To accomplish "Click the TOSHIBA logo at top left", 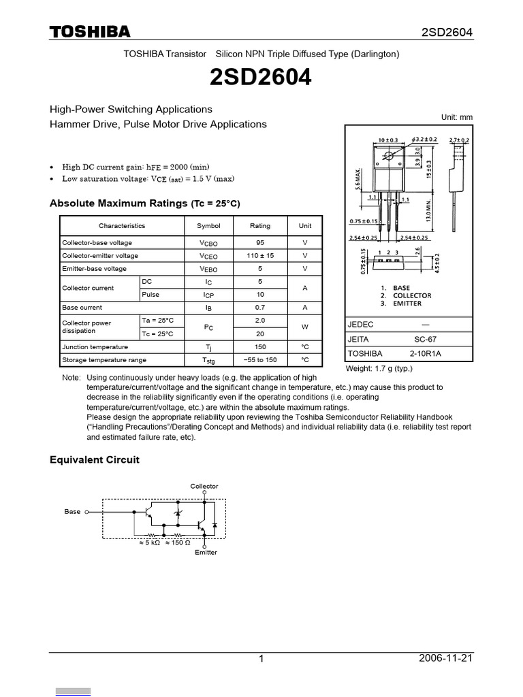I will [89, 32].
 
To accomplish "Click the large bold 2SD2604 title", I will [261, 78].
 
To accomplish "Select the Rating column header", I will [260, 226].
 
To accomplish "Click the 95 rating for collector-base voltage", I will [260, 242].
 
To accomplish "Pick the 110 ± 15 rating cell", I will [260, 256].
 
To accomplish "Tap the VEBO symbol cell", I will [208, 270].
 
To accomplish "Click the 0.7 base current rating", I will [260, 308].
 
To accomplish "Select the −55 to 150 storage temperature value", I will [260, 359].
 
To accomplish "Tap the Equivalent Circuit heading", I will [95, 460].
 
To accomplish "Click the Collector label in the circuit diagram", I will [204, 486].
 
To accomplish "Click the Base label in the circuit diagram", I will [72, 511].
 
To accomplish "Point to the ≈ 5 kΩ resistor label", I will [148, 542].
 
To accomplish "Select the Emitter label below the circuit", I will [206, 552].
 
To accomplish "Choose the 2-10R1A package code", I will [426, 354].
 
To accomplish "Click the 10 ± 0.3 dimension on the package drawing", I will [387, 141].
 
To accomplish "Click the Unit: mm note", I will [456, 117].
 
